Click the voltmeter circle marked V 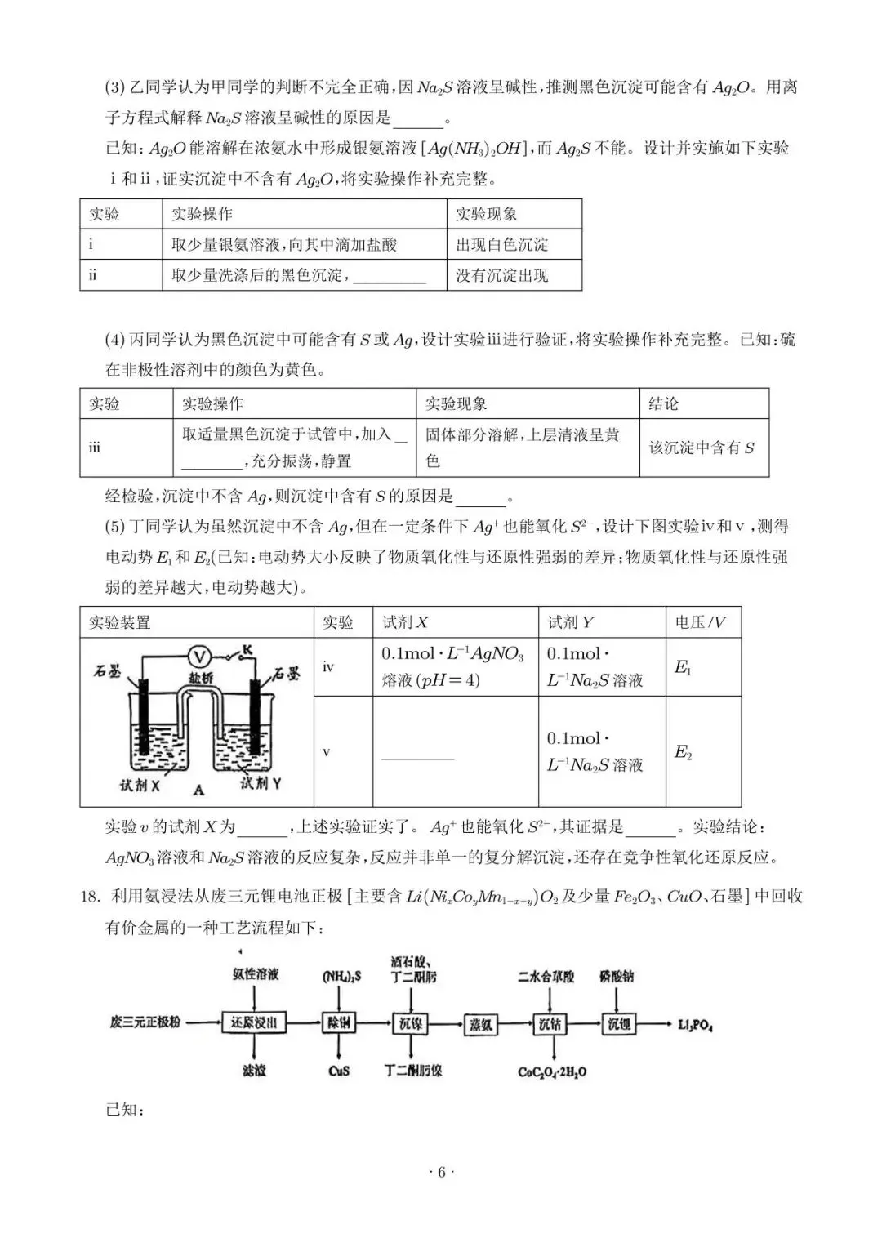point(200,656)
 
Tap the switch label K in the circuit point(247,649)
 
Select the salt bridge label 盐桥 point(201,678)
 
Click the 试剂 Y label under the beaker point(261,783)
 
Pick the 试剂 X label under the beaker point(140,785)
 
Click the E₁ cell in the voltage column point(683,667)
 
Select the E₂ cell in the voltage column point(683,752)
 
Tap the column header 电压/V point(701,622)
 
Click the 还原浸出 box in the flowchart point(254,1022)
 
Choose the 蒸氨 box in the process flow point(482,1024)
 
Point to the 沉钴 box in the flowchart point(550,1023)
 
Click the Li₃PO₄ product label point(695,1024)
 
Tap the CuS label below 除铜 point(339,1070)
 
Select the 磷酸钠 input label point(617,976)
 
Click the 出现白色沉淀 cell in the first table point(502,244)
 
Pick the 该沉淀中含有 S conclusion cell point(702,448)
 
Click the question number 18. point(89,897)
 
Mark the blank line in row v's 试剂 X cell point(417,759)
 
